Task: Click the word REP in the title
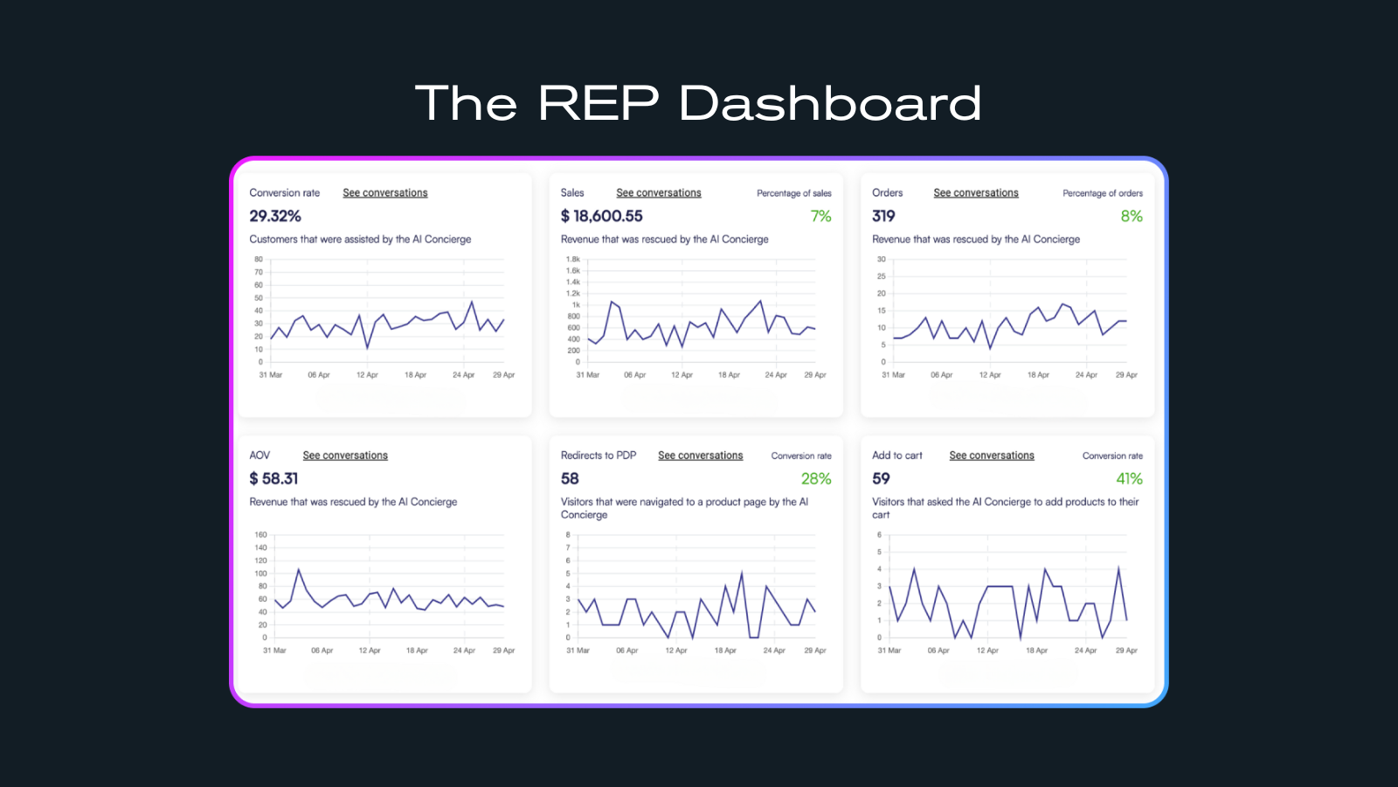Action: (599, 103)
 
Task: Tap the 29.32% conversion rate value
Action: (275, 216)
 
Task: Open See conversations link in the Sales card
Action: (659, 193)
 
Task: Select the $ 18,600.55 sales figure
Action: (602, 216)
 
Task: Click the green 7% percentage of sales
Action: (821, 216)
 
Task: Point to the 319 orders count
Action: (883, 216)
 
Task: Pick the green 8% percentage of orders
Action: (1132, 216)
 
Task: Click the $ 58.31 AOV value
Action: (273, 478)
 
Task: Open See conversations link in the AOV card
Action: (345, 456)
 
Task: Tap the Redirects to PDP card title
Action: (599, 456)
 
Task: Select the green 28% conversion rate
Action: (816, 478)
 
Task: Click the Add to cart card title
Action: (897, 456)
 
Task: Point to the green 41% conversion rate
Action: (1129, 478)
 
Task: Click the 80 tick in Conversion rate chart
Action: (259, 260)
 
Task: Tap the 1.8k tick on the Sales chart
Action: (573, 260)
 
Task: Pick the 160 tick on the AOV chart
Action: (261, 534)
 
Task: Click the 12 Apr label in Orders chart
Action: (990, 375)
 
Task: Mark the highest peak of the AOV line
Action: (299, 569)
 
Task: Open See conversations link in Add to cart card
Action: (992, 456)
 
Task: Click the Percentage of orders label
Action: (1103, 193)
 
